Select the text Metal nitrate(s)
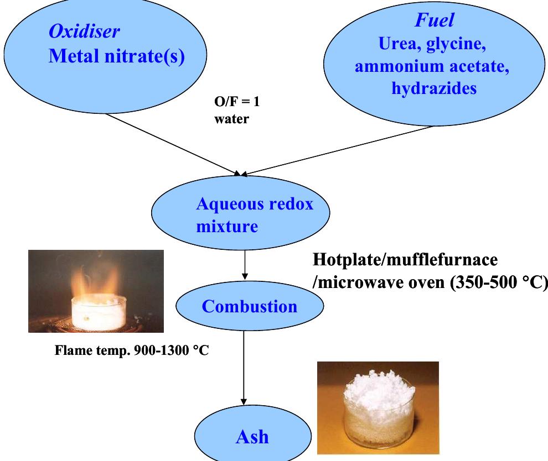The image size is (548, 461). point(116,56)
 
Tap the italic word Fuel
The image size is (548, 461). point(435,20)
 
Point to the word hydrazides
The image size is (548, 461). point(434,88)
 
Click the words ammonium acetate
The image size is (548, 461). point(432,66)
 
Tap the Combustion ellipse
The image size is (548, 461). point(249,306)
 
